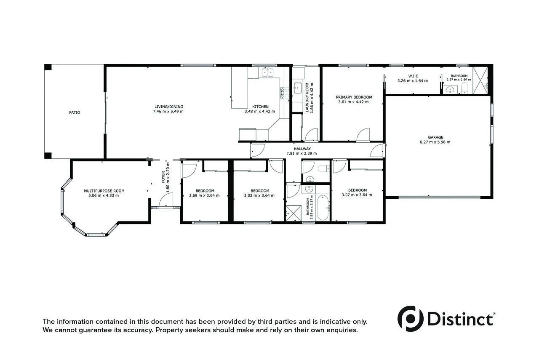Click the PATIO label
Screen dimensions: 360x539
75,112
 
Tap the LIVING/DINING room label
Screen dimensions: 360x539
168,107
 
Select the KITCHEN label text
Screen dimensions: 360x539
260,107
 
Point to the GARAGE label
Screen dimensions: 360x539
435,137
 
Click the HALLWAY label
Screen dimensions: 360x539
302,149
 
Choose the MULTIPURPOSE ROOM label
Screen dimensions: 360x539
104,191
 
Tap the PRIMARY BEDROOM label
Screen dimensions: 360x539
354,97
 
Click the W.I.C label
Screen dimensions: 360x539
413,76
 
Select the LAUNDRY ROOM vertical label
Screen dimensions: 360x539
307,97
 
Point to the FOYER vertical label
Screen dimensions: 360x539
163,177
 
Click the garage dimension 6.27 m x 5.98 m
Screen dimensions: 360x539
435,142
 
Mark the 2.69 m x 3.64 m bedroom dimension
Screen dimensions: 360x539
204,195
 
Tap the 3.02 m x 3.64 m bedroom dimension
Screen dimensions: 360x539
257,195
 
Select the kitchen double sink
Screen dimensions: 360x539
267,73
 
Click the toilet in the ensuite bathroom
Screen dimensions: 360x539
464,88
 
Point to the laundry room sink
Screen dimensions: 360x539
297,88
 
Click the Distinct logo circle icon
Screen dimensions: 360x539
411,318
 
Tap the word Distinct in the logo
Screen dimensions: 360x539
460,319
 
